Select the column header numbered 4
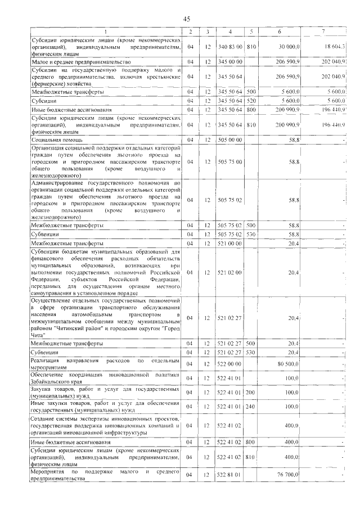pyautogui.click(x=230, y=31)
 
